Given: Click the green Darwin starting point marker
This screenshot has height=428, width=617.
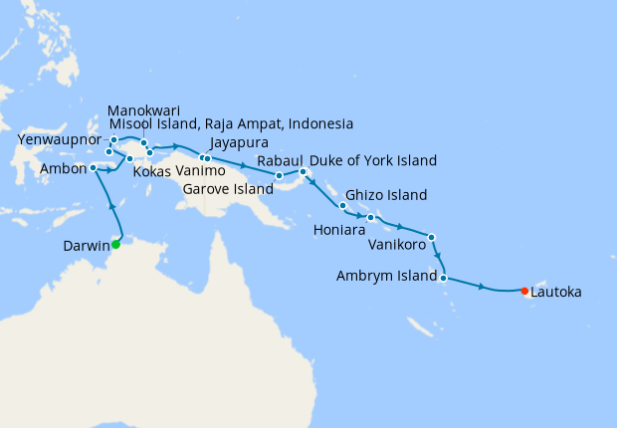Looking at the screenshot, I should [x=115, y=244].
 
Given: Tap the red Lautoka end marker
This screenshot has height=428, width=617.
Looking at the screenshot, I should [x=524, y=291].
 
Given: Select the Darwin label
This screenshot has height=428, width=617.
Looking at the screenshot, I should [x=84, y=245].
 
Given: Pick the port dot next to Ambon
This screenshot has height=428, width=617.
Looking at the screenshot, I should [x=94, y=167].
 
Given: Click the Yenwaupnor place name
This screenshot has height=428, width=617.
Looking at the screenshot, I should [x=59, y=141].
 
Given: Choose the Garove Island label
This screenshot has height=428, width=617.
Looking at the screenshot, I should [x=228, y=188].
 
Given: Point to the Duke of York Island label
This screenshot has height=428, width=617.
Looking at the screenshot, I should [x=373, y=161].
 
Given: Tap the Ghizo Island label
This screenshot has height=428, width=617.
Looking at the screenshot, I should [x=386, y=195].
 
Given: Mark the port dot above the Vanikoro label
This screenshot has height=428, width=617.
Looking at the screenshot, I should [x=431, y=237].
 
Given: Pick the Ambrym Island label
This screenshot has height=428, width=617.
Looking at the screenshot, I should [x=385, y=276].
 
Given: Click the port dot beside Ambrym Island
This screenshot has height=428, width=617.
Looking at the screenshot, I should [x=443, y=278].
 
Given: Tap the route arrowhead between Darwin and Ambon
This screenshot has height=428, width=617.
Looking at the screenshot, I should [x=110, y=206].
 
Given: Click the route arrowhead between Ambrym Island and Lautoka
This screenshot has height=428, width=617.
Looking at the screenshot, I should [x=483, y=288].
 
